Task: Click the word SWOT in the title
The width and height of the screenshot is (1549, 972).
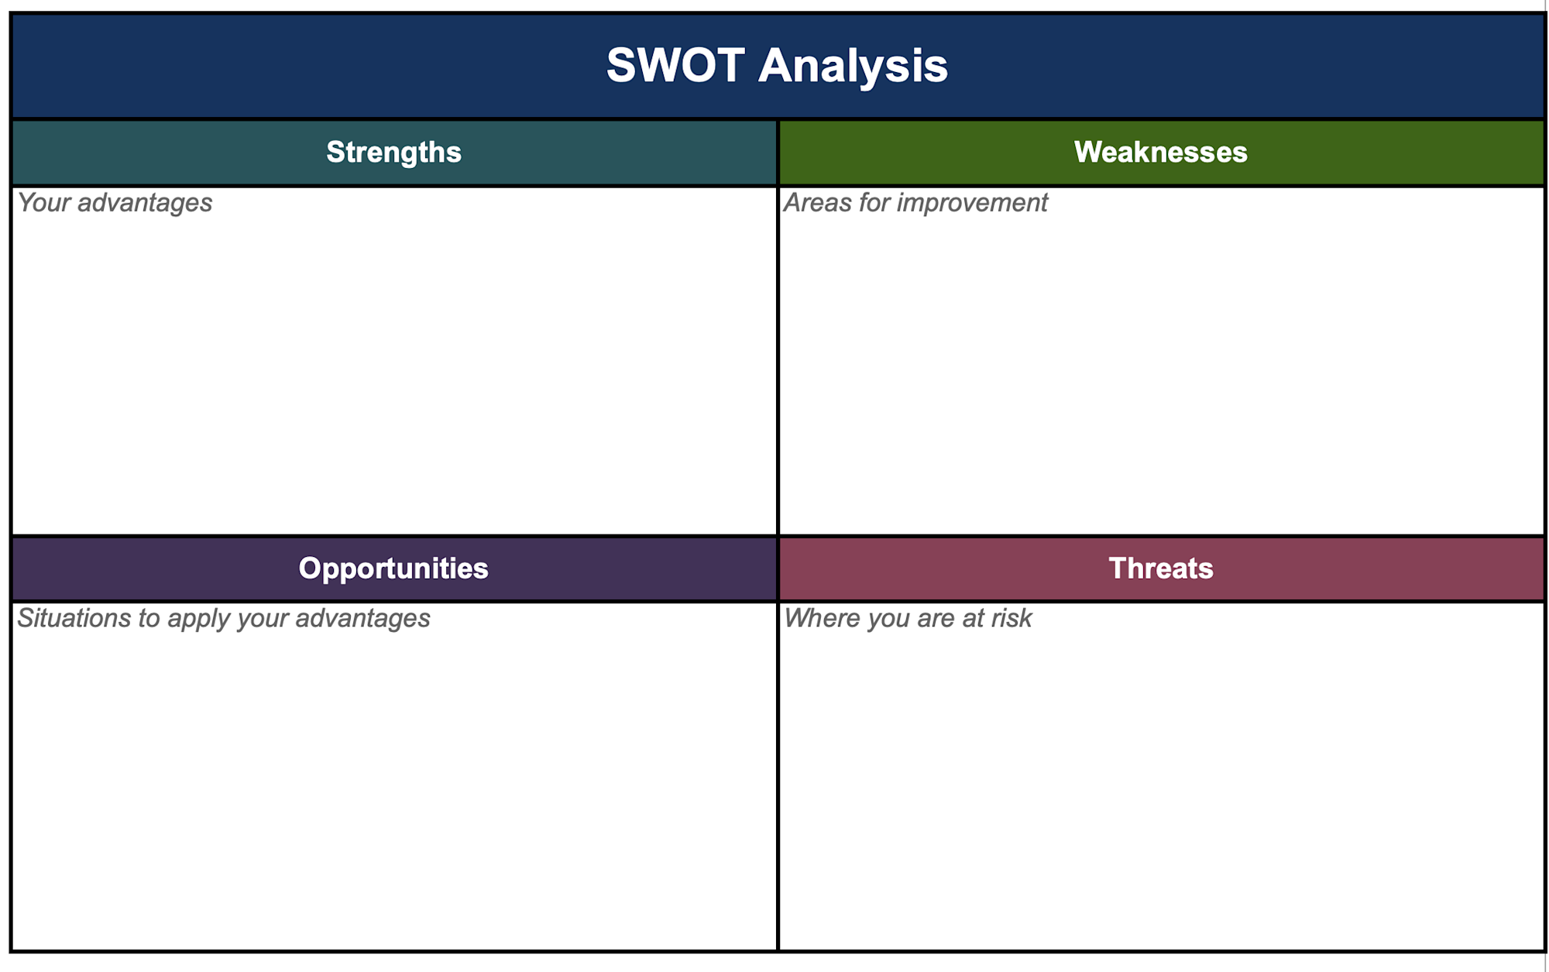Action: coord(675,65)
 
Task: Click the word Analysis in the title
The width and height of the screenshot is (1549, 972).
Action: coord(853,65)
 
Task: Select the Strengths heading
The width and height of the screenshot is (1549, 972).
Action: coord(393,152)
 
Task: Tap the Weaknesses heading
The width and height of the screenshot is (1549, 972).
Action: coord(1160,152)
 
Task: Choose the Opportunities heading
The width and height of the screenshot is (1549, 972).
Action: coord(393,568)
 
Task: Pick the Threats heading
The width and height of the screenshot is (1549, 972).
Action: coord(1160,568)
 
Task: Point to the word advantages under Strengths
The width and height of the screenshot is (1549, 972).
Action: coord(145,203)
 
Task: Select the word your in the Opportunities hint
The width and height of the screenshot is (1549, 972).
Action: coord(263,619)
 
